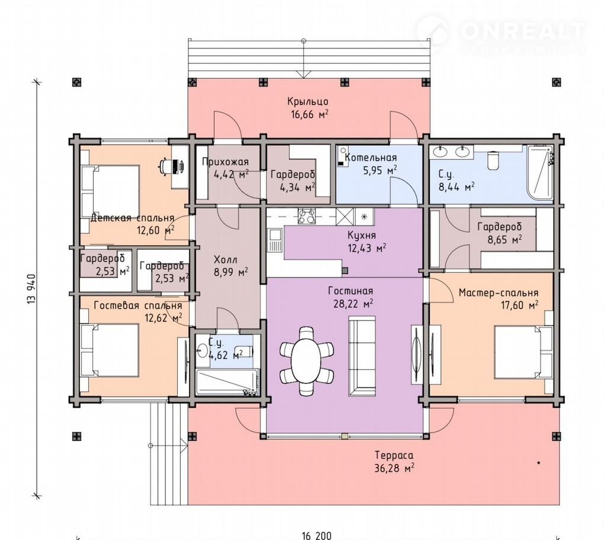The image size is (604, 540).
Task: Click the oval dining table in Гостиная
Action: (x=306, y=360)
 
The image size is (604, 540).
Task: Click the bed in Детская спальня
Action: (x=110, y=192)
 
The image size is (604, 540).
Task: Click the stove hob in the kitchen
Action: (x=307, y=217)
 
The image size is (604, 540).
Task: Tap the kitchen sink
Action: (x=276, y=240)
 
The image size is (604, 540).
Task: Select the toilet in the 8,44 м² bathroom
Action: (x=493, y=160)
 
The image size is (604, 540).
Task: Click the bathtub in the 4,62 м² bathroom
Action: (x=226, y=383)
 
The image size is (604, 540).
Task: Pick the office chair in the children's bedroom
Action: (x=165, y=166)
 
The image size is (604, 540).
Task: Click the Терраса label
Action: (x=394, y=456)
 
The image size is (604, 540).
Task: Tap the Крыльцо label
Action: (x=308, y=101)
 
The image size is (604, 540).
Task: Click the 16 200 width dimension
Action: (x=317, y=535)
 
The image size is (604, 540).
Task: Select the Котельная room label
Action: (x=370, y=157)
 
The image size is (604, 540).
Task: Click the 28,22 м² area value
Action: (x=353, y=304)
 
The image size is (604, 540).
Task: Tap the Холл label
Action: (x=225, y=259)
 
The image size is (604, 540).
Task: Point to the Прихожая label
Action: (x=225, y=161)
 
